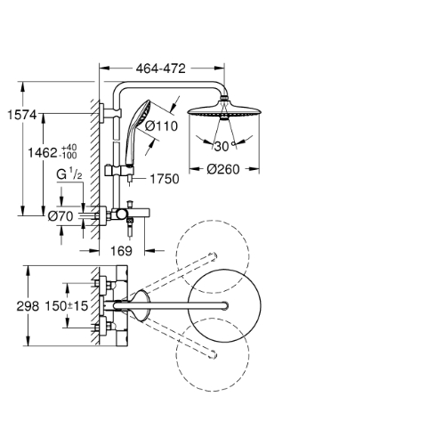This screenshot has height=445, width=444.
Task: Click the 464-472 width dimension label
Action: click(160, 69)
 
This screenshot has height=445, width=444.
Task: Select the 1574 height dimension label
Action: click(22, 115)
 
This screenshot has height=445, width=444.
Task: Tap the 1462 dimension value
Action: click(43, 153)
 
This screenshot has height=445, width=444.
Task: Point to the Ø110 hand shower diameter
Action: click(162, 126)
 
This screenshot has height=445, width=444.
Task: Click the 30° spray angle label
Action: click(225, 146)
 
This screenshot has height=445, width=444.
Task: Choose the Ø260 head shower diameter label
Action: click(223, 169)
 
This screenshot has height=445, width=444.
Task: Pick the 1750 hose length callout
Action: click(165, 179)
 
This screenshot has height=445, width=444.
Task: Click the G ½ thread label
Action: click(69, 174)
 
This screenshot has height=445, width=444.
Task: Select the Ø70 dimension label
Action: click(61, 216)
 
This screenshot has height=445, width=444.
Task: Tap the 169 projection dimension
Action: click(121, 251)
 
